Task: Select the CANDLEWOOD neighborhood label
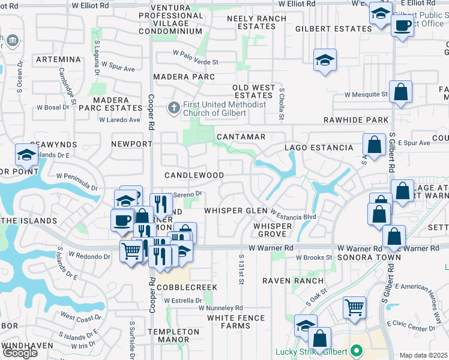pyautogui.click(x=194, y=175)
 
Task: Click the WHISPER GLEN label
pyautogui.click(x=235, y=211)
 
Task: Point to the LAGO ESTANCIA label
pyautogui.click(x=319, y=148)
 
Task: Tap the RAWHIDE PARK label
pyautogui.click(x=356, y=120)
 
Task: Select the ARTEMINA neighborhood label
pyautogui.click(x=58, y=59)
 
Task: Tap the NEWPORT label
pyautogui.click(x=132, y=144)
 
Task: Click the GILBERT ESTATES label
pyautogui.click(x=334, y=29)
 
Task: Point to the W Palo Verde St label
pyautogui.click(x=193, y=62)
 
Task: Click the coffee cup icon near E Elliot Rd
pyautogui.click(x=402, y=26)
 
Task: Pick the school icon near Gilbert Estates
pyautogui.click(x=325, y=60)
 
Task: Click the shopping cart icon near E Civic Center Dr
pyautogui.click(x=354, y=307)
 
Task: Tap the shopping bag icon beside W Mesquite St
pyautogui.click(x=400, y=92)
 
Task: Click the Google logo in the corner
pyautogui.click(x=20, y=353)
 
